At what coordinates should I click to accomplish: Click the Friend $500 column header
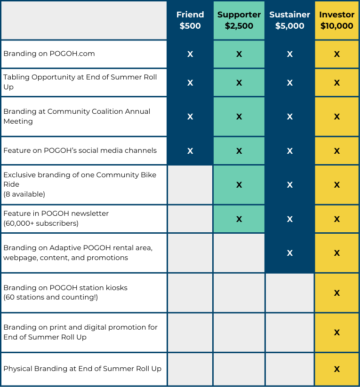(190, 20)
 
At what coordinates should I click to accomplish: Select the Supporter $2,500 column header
(239, 20)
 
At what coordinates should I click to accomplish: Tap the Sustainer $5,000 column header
(289, 20)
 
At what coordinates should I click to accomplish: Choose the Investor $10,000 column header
(337, 20)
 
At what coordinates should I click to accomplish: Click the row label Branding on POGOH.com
(49, 54)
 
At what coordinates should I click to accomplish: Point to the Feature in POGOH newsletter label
(56, 213)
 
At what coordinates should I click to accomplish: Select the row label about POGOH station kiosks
(65, 287)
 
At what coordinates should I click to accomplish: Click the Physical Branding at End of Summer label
(82, 369)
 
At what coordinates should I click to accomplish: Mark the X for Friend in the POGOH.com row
(190, 54)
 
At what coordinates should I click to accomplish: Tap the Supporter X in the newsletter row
(239, 219)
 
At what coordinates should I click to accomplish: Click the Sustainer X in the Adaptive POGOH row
(289, 253)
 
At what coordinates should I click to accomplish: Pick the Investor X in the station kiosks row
(337, 293)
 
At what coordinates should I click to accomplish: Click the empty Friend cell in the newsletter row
(190, 219)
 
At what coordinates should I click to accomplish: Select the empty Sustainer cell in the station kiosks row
(289, 293)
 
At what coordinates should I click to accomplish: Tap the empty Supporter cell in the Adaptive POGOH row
(239, 253)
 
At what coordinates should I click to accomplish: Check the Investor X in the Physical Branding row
(337, 369)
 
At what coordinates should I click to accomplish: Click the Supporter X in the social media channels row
(239, 151)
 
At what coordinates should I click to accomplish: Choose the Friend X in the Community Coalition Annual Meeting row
(190, 116)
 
